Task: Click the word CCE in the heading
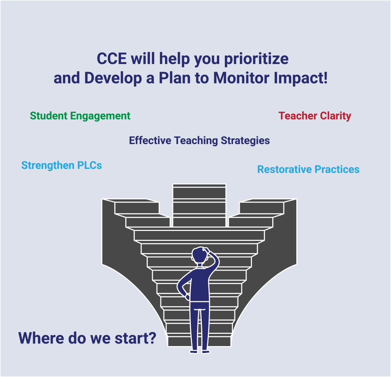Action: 111,59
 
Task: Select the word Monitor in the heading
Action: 241,78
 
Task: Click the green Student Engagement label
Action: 80,116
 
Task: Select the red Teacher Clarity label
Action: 315,116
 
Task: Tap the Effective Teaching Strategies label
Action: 199,141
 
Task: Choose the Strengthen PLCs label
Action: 61,165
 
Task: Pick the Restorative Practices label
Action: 308,169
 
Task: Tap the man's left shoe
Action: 194,351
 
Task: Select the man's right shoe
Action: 206,351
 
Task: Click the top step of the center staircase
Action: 199,186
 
